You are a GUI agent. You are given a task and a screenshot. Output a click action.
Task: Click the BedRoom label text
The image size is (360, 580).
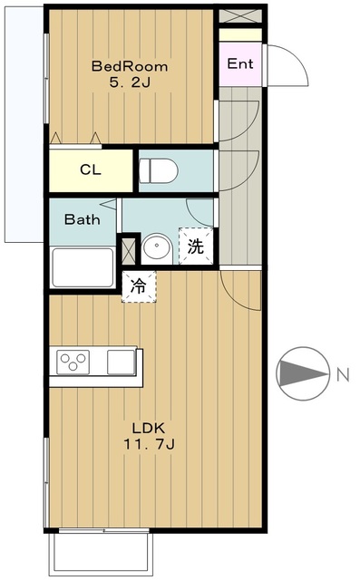pos(131,66)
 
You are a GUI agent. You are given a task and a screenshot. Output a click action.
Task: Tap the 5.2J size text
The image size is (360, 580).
pos(131,83)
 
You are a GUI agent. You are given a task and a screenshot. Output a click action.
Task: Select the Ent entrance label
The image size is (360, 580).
pos(239,64)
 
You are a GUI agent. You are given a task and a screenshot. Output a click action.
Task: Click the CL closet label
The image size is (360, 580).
pos(90,169)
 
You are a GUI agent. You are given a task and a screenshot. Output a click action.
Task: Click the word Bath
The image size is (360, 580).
pos(81,219)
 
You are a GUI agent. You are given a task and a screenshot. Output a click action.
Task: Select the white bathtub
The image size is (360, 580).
pos(82,267)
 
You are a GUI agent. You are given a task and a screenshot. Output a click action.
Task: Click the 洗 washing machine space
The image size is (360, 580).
pos(196,245)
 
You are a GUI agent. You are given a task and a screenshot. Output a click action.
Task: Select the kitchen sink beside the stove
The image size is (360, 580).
pos(120,362)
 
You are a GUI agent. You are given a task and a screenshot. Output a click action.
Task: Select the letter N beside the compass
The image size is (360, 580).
pos(342,373)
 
